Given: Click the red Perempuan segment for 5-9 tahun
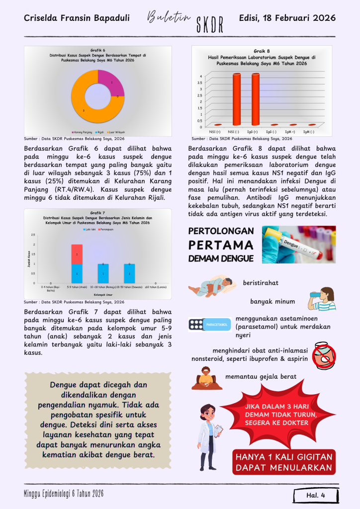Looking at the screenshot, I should tap(77, 254).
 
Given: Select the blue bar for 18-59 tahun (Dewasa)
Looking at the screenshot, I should tap(129, 273).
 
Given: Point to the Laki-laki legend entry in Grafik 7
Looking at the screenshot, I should tap(90, 229).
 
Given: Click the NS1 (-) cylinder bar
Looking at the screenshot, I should tap(236, 99).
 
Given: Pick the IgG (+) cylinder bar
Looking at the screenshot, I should tap(255, 99).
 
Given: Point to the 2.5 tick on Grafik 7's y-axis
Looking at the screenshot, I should tap(33, 235).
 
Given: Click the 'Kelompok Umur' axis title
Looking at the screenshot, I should tap(103, 295).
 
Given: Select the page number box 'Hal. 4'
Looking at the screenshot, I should tap(316, 495).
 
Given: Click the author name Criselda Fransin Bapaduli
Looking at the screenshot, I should tap(77, 18).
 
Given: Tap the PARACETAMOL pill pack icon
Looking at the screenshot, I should tap(209, 325).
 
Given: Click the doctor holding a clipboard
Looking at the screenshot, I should tap(209, 435).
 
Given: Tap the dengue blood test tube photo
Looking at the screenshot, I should tap(298, 244).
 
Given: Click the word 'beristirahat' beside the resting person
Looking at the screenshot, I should tap(260, 283).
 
